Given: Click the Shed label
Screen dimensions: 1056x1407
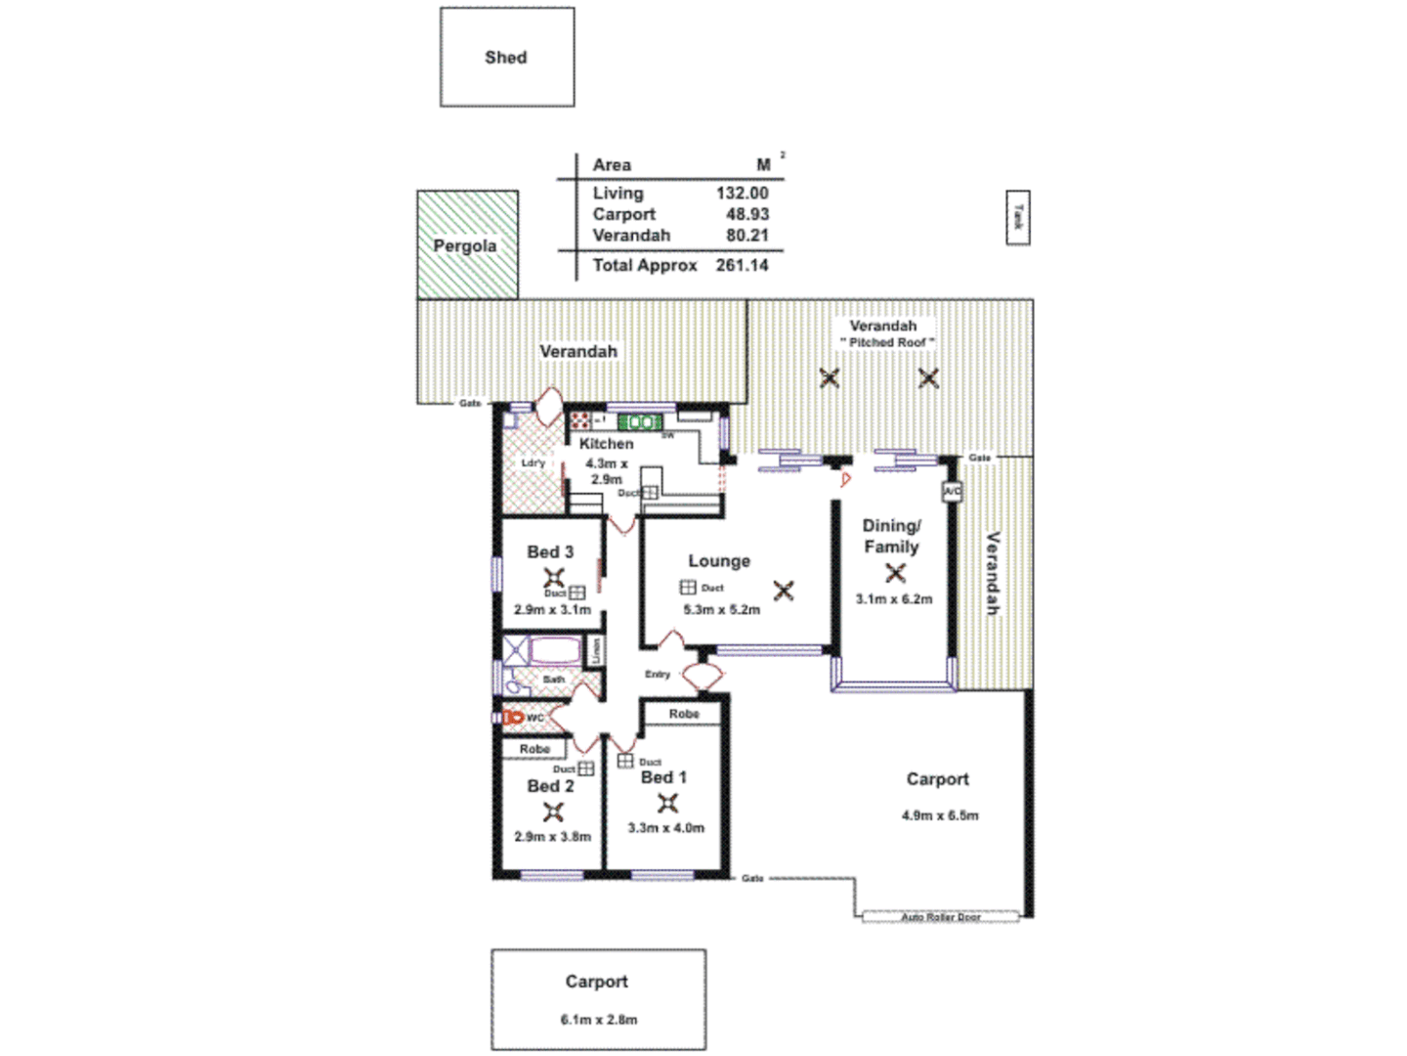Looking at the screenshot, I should (505, 58).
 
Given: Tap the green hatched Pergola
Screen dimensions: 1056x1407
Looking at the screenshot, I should (467, 244).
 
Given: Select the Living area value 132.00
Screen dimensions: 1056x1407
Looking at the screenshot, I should (742, 194).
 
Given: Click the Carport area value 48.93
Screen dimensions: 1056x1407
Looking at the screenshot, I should (746, 214).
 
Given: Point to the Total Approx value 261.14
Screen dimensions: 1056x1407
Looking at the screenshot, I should (742, 265).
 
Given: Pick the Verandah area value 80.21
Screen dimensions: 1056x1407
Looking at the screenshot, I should (746, 236).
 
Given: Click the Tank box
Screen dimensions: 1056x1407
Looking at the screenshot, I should (1018, 217).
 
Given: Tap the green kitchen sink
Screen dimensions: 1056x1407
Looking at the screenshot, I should (640, 422).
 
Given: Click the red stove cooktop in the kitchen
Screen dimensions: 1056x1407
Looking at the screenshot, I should (580, 421).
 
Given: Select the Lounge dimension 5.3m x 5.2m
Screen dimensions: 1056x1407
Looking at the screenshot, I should (721, 610).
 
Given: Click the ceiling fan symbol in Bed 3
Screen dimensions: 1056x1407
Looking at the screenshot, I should (554, 576).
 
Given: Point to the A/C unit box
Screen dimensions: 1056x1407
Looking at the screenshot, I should (952, 491).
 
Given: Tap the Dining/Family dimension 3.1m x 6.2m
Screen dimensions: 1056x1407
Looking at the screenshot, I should (894, 599).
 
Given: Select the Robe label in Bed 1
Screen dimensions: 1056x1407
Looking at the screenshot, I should (684, 714).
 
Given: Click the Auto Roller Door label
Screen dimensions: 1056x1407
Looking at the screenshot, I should (940, 917).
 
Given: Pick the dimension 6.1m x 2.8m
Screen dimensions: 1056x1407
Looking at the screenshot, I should (598, 1020).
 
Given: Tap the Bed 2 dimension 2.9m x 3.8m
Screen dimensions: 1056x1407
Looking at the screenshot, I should (552, 837).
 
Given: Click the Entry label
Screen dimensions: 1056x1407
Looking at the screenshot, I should (657, 675).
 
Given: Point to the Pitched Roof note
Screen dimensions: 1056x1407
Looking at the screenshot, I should (887, 342).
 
